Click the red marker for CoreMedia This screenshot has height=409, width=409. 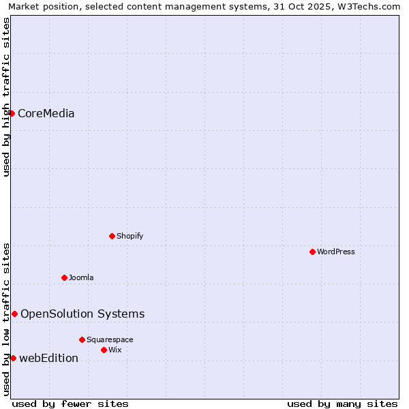tap(12, 113)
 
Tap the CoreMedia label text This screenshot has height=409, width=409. tap(46, 114)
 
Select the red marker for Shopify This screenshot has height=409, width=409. tap(112, 236)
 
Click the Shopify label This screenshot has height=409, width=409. tap(130, 237)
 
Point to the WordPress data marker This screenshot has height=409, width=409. tap(312, 252)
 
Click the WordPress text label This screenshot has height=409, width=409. tap(335, 252)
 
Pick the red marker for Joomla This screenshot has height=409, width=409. tap(65, 277)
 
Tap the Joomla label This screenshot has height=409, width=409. tap(81, 278)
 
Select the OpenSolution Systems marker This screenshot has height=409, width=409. tap(14, 314)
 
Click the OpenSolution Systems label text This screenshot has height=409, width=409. tap(82, 314)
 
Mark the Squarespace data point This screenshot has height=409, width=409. tap(82, 339)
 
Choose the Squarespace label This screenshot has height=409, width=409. tap(110, 340)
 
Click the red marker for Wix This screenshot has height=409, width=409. tap(104, 350)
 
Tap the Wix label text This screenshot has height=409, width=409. tap(115, 350)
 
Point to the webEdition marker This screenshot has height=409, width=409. tap(13, 358)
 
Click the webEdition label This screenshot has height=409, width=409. tap(48, 359)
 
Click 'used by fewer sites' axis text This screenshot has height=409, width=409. tap(70, 404)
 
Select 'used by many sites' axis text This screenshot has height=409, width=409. tap(342, 404)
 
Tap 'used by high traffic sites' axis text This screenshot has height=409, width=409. tap(7, 97)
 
